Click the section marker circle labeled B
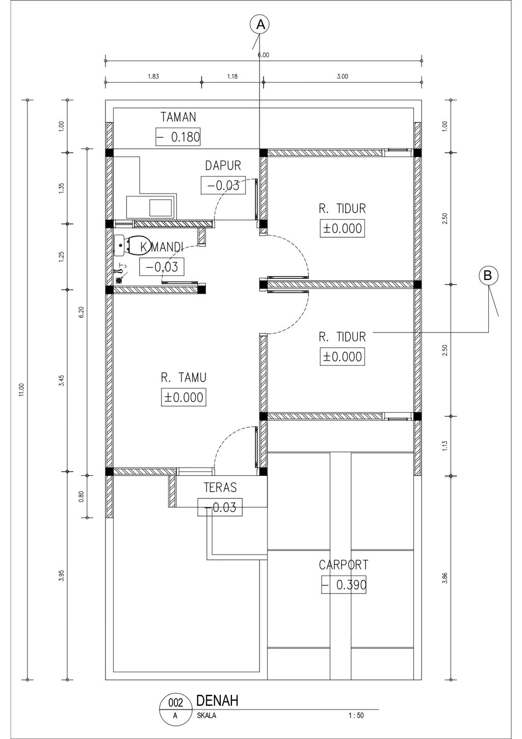pos(488,275)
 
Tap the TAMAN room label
pos(178,117)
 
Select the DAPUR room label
pos(223,166)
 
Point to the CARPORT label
pos(343,565)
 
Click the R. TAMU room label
pos(184,377)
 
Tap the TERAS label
pos(220,487)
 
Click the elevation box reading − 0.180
pos(178,137)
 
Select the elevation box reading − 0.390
pos(344,585)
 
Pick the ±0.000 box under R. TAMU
pos(184,397)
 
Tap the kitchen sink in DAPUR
pos(151,207)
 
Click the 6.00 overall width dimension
pos(263,55)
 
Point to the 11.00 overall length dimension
pos(21,390)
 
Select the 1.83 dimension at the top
pos(153,77)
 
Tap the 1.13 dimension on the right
pos(445,446)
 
